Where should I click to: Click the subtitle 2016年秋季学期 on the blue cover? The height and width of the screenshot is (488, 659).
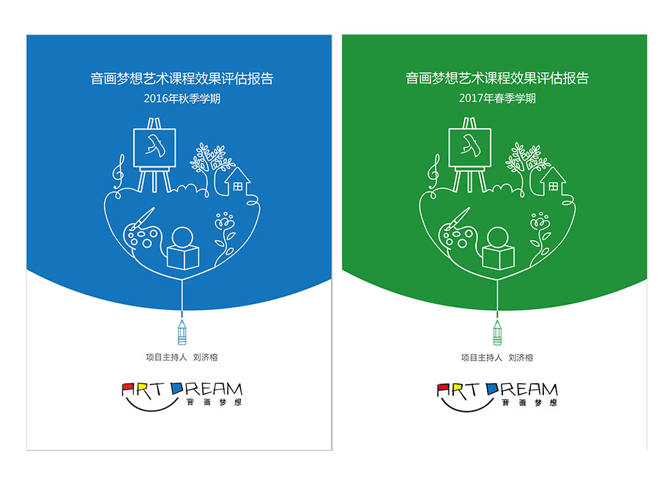(182, 98)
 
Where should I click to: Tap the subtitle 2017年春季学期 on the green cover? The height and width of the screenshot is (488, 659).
(497, 98)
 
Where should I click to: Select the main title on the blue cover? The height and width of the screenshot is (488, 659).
(182, 78)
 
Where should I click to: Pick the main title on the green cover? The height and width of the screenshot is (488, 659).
(497, 78)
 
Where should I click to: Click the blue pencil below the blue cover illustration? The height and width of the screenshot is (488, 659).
(182, 333)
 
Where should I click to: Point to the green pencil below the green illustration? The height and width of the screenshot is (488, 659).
(497, 333)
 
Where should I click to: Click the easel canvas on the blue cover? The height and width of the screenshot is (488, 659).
(154, 148)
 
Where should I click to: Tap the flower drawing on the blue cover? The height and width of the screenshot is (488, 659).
(225, 237)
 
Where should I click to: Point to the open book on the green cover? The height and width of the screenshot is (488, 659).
(499, 257)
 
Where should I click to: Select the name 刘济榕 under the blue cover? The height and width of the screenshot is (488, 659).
(205, 357)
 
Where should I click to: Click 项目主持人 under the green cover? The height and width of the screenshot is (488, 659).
(482, 358)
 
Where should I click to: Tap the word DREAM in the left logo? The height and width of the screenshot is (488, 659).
(207, 389)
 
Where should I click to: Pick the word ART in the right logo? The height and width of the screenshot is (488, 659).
(458, 391)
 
